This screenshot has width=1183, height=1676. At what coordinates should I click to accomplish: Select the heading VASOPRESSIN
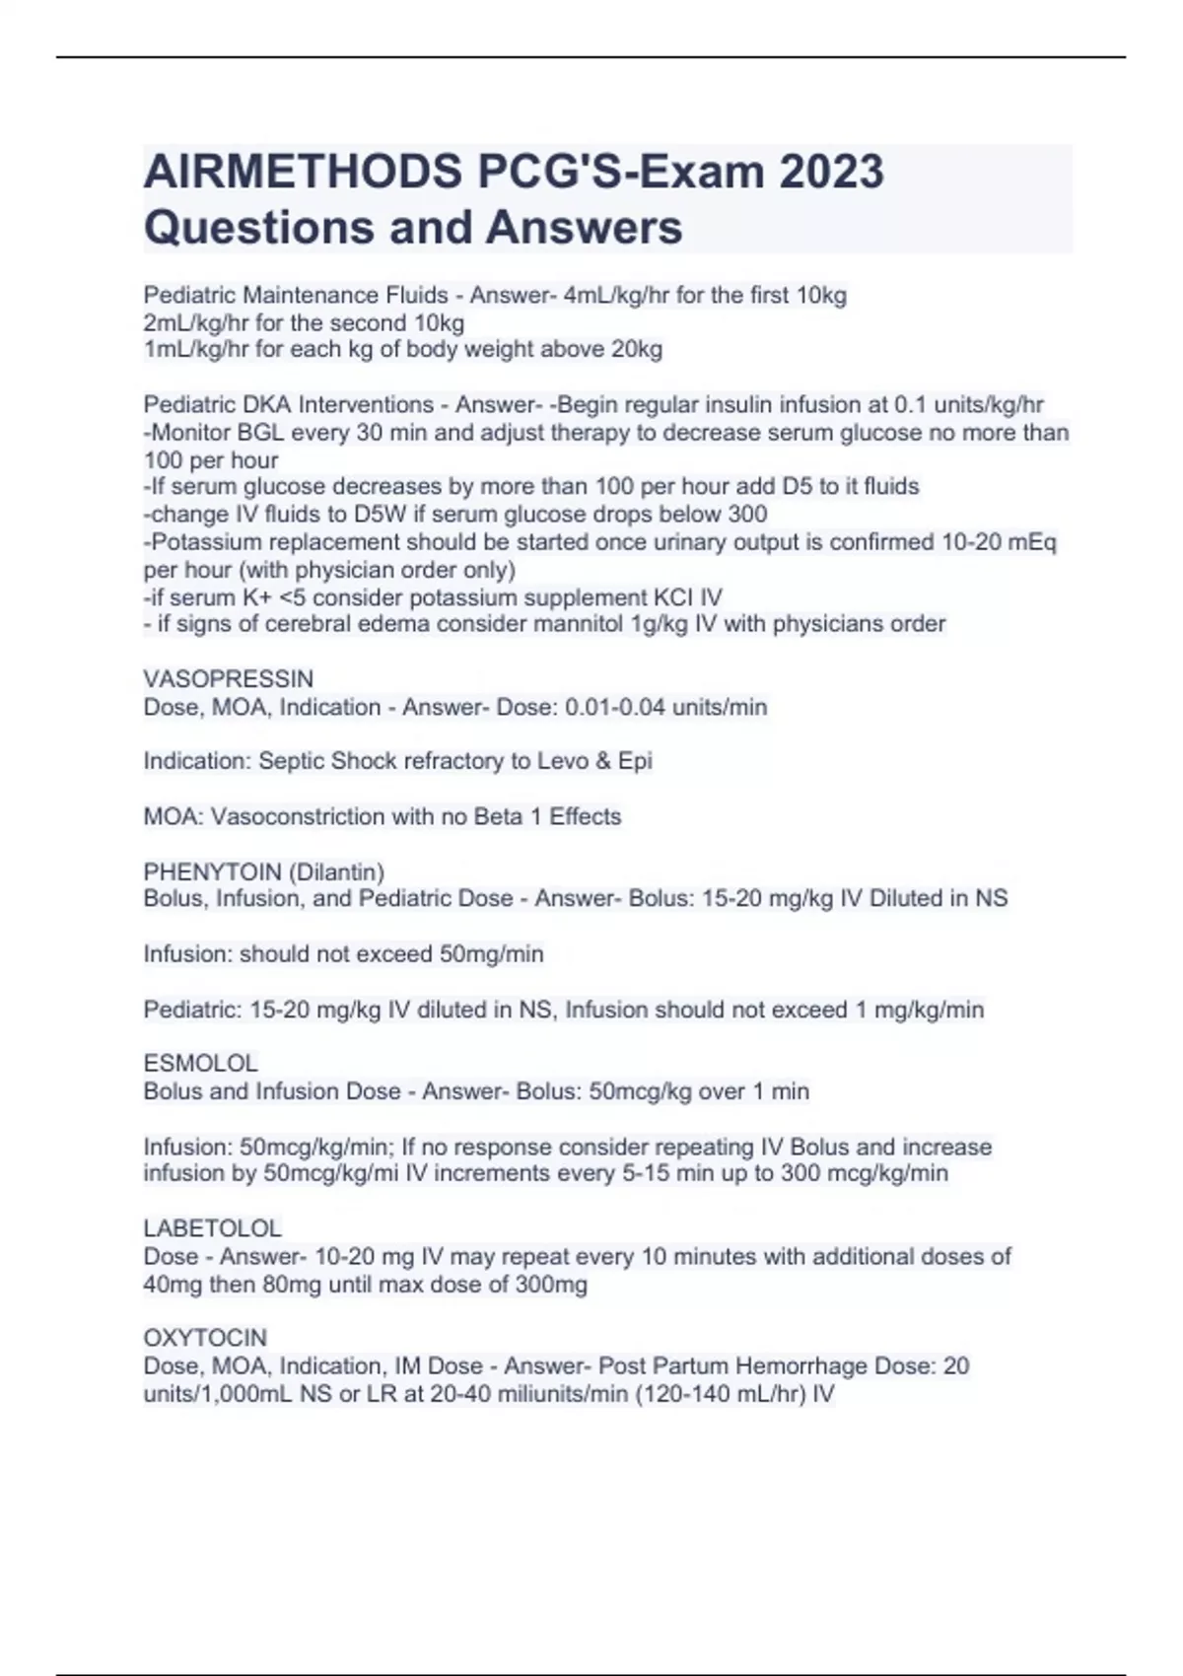(x=229, y=679)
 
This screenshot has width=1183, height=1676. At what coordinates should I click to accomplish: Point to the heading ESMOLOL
(x=201, y=1064)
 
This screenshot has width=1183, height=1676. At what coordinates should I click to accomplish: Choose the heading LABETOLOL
(x=213, y=1228)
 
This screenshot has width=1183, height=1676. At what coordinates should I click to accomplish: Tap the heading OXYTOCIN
(x=205, y=1338)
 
